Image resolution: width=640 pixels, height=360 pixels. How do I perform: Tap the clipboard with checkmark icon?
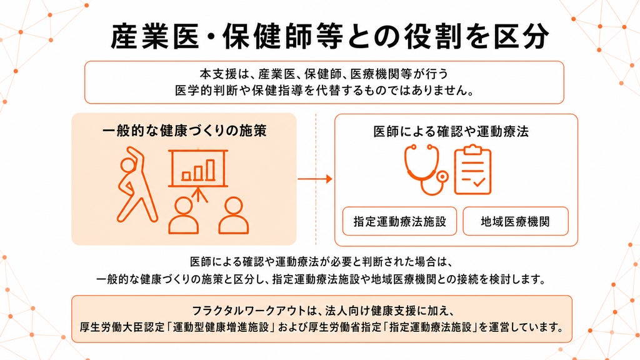pos(472,169)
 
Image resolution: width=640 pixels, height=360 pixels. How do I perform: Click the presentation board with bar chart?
pos(198,168)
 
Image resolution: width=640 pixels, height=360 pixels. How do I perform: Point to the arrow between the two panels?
pos(315,179)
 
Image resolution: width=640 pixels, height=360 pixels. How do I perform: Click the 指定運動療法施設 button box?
pos(399,221)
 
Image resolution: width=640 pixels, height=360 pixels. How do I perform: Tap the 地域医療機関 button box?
pos(516,221)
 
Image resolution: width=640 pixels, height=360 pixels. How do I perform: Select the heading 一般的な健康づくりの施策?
pos(184,131)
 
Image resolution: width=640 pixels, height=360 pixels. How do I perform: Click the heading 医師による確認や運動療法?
pos(451,131)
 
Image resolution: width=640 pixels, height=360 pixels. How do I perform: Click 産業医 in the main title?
pos(155,37)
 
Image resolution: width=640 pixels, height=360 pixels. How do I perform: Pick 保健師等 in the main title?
pos(282,37)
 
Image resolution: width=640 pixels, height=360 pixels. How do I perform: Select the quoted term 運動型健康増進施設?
pos(221,327)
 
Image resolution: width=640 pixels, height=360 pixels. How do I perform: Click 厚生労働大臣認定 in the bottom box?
pos(122,327)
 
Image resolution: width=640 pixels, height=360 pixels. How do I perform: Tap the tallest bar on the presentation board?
pos(211,169)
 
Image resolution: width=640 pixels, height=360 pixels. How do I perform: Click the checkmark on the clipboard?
pos(477,181)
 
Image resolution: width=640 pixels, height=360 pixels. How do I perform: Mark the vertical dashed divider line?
pos(316,179)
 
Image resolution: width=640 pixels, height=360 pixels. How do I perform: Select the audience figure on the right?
pos(234,216)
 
